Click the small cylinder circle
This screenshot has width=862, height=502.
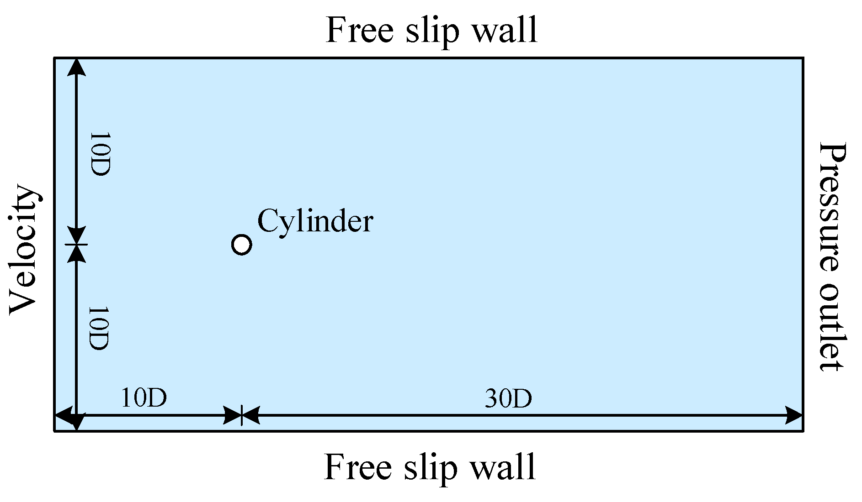(x=241, y=245)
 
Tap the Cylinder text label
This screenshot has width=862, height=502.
(x=315, y=222)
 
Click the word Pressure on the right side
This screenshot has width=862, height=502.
(x=832, y=208)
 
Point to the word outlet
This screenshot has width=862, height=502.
(x=832, y=328)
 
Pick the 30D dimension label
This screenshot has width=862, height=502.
(x=508, y=399)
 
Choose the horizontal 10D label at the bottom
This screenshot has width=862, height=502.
(x=144, y=398)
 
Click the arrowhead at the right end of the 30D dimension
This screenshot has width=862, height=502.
(x=794, y=416)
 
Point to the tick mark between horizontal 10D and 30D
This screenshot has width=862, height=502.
(x=241, y=416)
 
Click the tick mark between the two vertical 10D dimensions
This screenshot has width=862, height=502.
(x=76, y=245)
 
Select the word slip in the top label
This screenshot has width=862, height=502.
(x=433, y=31)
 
